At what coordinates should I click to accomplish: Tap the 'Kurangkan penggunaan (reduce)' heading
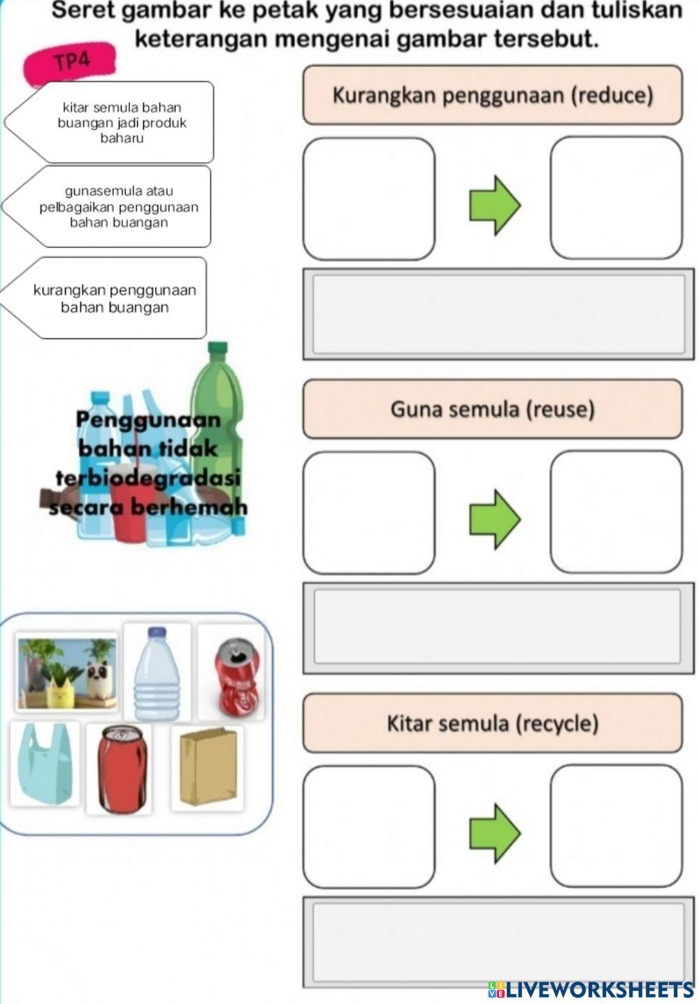(492, 95)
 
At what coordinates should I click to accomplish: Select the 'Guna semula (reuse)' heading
(492, 409)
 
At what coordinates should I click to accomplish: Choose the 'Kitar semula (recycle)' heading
(492, 723)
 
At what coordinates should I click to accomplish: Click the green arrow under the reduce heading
(495, 205)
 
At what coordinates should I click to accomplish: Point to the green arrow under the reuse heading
(495, 519)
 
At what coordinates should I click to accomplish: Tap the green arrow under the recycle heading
(495, 833)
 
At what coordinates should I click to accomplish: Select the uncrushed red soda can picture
(120, 768)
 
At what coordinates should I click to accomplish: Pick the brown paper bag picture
(208, 766)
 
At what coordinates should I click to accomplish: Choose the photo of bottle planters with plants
(66, 672)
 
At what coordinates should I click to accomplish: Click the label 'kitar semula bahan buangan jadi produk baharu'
(122, 122)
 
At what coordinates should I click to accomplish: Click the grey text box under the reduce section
(498, 314)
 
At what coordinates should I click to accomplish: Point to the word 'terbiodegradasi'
(147, 478)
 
